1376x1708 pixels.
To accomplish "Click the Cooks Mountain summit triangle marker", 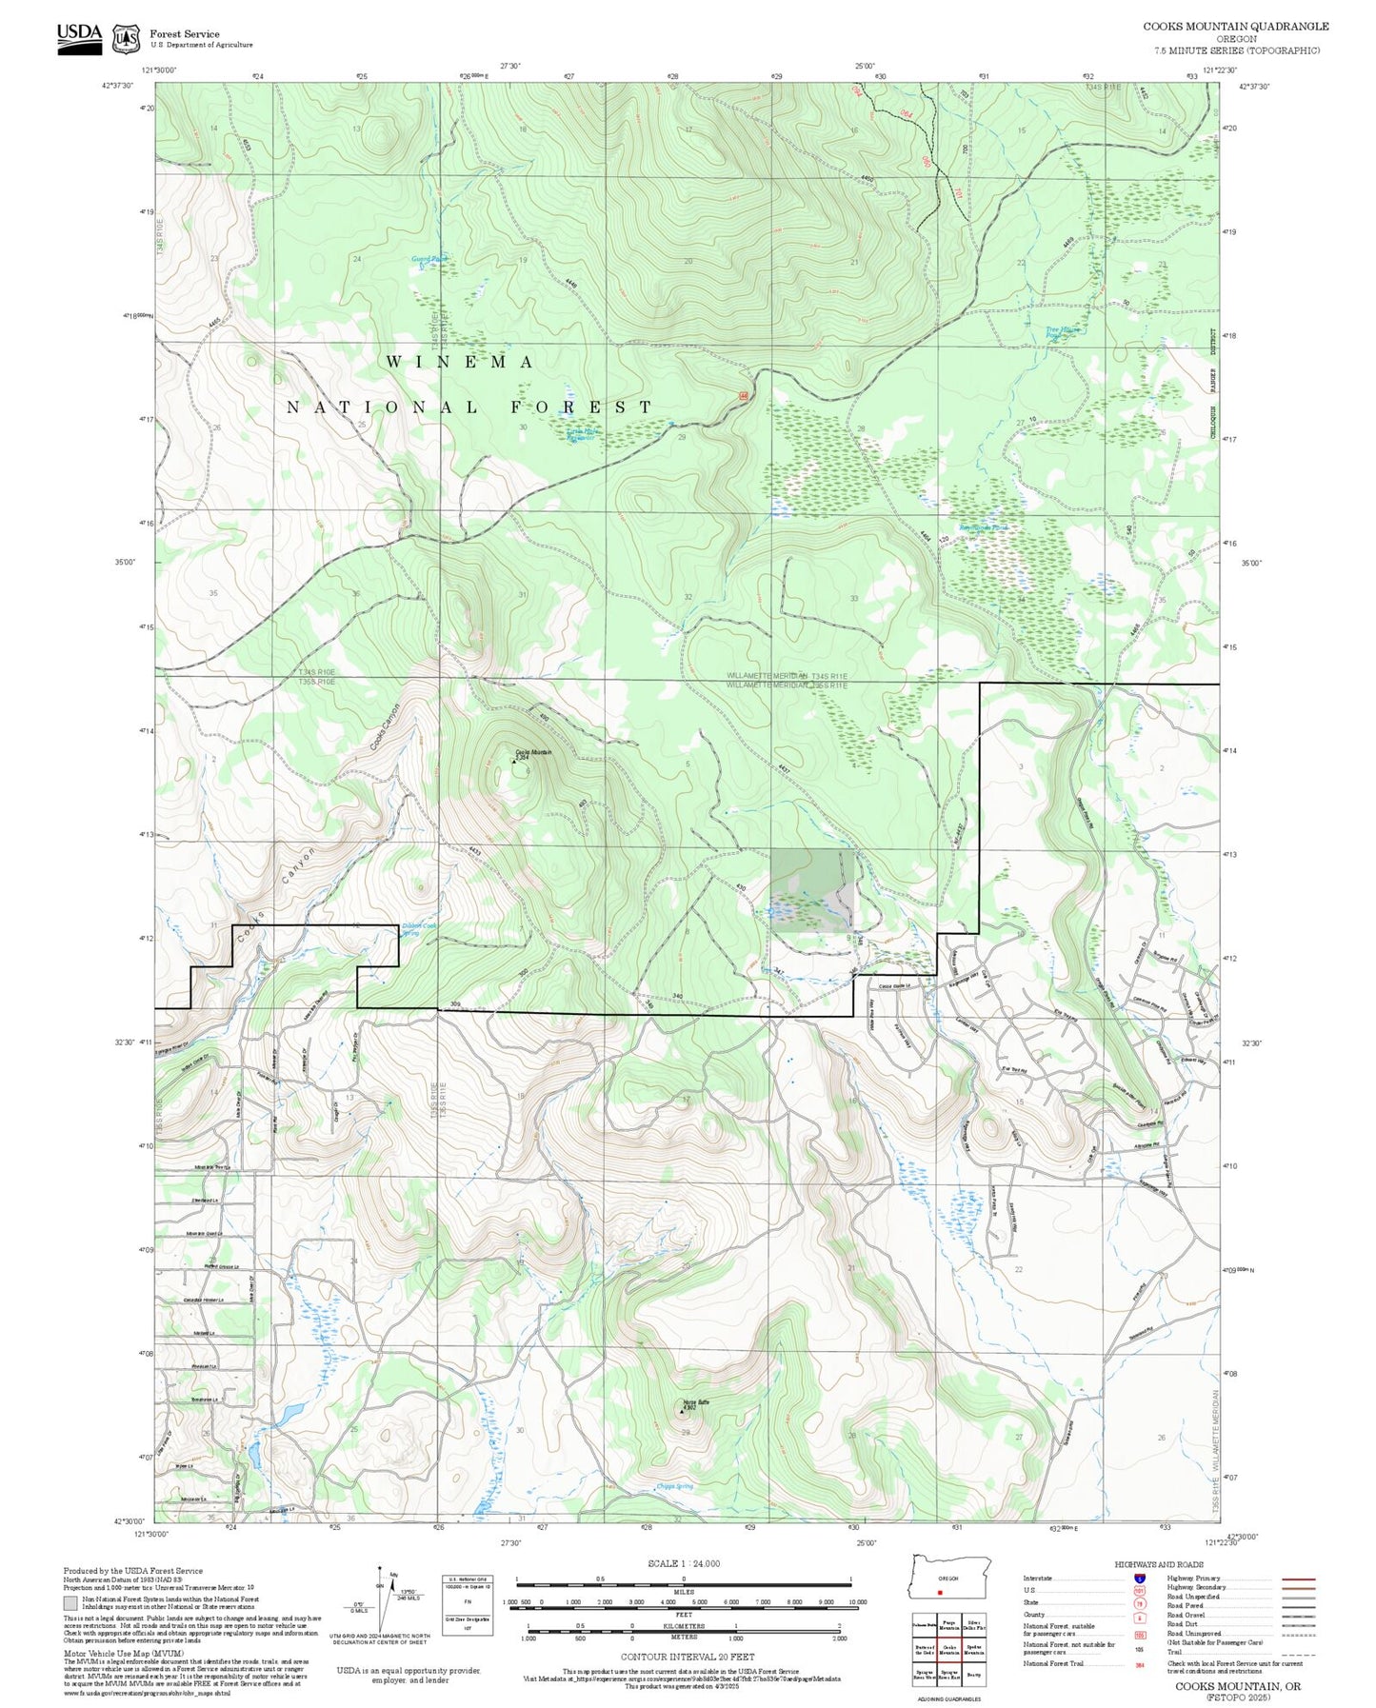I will [515, 761].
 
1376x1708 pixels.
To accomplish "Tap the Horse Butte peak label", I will [696, 1401].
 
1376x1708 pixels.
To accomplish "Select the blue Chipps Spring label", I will [674, 1486].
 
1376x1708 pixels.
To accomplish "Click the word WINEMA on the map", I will [459, 362].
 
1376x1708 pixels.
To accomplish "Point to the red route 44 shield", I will [743, 395].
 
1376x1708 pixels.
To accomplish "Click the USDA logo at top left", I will [79, 38].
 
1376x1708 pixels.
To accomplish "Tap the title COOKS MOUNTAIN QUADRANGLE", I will [1235, 26].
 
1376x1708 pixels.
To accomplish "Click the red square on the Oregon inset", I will [940, 1591].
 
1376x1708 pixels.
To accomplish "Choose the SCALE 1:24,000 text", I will [684, 1563].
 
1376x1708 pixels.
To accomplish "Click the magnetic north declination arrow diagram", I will [383, 1598].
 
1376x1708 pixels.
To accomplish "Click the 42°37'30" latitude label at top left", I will [119, 86].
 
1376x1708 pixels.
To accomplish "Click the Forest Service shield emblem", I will [125, 39].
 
